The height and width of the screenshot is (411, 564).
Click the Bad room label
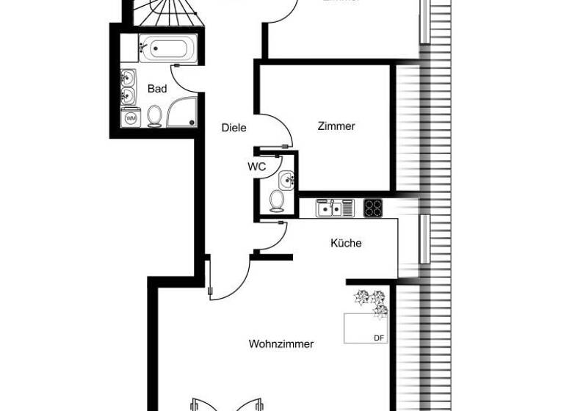pos(157,89)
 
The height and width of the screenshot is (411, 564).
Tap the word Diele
pos(234,128)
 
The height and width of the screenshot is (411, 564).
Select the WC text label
pos(256,167)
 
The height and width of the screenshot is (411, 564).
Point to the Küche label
pos(346,243)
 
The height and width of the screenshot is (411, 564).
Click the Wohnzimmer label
pos(281,343)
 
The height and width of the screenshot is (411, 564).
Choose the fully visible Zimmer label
pos(336,126)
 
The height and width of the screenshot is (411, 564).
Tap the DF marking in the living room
pos(379,338)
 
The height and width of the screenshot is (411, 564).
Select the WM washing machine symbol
pos(131,117)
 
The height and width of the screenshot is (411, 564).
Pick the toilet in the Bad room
pos(155,116)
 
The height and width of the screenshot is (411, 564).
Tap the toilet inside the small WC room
pos(278,200)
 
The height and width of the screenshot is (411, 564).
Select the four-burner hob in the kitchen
pos(373,208)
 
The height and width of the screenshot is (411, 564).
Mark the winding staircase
pos(162,10)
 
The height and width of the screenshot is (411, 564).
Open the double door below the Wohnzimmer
pos(227,404)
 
